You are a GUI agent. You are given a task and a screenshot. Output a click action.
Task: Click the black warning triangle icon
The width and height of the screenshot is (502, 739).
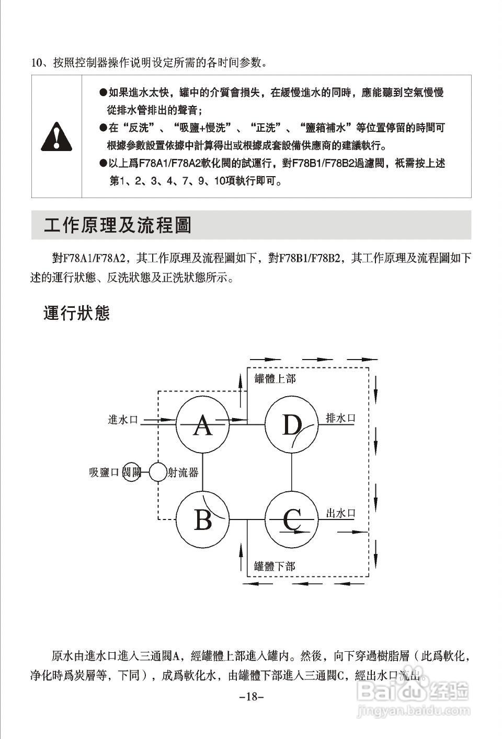(56, 136)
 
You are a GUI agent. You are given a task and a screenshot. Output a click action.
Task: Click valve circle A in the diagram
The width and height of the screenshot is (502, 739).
(202, 424)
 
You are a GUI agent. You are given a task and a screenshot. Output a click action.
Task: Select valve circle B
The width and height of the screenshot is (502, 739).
(202, 519)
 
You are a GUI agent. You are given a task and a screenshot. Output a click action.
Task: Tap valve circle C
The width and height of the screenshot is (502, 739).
(292, 519)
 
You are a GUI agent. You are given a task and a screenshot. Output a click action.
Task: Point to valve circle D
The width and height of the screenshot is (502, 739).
(292, 424)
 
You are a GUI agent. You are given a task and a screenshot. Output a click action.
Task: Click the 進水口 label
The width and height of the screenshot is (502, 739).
(123, 419)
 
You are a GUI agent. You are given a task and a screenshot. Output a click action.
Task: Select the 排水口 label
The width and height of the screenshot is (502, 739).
(340, 418)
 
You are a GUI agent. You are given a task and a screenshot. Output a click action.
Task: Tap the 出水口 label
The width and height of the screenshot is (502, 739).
(340, 513)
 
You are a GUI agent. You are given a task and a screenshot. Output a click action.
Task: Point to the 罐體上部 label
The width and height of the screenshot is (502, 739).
(275, 378)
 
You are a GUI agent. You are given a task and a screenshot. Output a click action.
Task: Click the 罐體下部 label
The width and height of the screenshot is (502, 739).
(275, 566)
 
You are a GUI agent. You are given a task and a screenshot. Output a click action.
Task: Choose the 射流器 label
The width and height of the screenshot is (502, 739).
(183, 472)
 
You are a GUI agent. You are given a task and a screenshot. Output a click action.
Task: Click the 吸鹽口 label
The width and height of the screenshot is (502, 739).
(105, 472)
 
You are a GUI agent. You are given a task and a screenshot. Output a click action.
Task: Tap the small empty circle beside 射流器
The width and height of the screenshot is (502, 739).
(157, 472)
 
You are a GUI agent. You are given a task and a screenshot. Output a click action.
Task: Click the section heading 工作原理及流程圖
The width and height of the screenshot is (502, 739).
(118, 225)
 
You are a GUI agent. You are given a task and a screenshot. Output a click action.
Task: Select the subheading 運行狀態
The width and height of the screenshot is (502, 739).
(76, 313)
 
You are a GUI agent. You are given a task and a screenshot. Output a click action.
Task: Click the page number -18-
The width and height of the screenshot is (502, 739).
(252, 697)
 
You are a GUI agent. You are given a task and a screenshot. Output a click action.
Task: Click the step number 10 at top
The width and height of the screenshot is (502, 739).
(36, 63)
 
